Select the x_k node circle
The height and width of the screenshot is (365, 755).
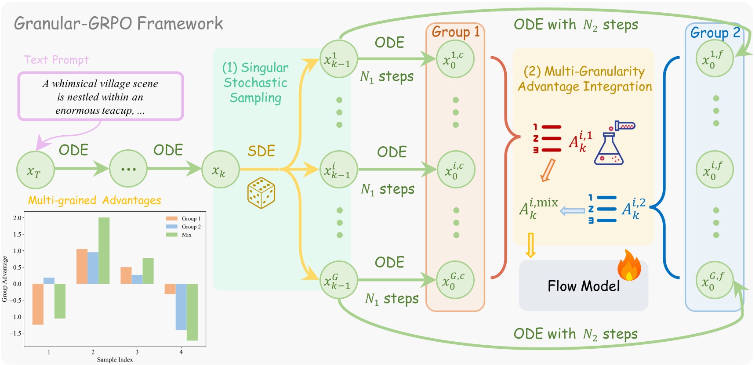[x=220, y=170]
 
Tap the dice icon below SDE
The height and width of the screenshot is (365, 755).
[x=261, y=193]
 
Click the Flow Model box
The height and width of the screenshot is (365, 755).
[x=583, y=286]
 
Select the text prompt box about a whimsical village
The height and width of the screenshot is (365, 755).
[x=100, y=97]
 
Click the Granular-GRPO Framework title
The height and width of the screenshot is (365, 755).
[x=119, y=23]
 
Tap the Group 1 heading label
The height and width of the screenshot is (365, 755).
[x=455, y=32]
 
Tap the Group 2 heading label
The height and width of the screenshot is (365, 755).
[x=715, y=33]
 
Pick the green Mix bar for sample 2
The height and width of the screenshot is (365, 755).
[x=104, y=250]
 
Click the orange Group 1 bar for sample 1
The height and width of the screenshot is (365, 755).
[x=38, y=304]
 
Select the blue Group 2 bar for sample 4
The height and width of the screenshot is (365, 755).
[x=181, y=307]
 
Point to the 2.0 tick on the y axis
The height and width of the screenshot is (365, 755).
[x=17, y=218]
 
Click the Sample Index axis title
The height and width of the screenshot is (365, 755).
[x=115, y=360]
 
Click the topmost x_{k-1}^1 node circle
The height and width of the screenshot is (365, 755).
[x=338, y=59]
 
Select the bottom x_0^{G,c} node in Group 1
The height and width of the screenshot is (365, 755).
[x=455, y=280]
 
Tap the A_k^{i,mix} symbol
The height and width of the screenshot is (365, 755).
[x=538, y=209]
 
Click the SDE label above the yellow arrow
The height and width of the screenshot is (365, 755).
[x=261, y=151]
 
